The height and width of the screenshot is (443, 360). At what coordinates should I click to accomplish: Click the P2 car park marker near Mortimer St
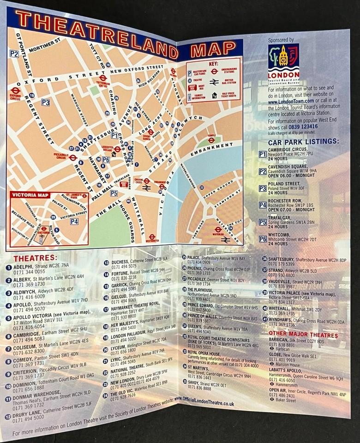pos(14,54)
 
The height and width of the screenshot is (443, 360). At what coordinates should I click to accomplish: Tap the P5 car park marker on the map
pos(114,193)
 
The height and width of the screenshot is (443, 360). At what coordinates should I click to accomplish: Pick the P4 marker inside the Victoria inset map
pos(74,221)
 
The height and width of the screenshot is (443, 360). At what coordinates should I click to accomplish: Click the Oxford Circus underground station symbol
pos(16,91)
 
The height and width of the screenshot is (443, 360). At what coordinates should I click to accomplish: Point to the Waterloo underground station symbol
pos(218,229)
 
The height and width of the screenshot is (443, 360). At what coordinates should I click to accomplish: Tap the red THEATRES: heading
pos(35,258)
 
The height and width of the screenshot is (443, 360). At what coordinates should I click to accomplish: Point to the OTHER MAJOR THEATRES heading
pos(303,335)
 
